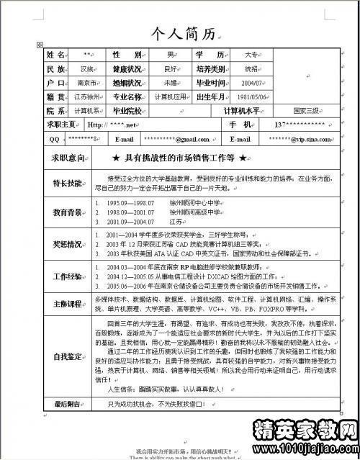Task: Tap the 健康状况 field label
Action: click(125, 69)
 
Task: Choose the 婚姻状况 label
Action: click(125, 83)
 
